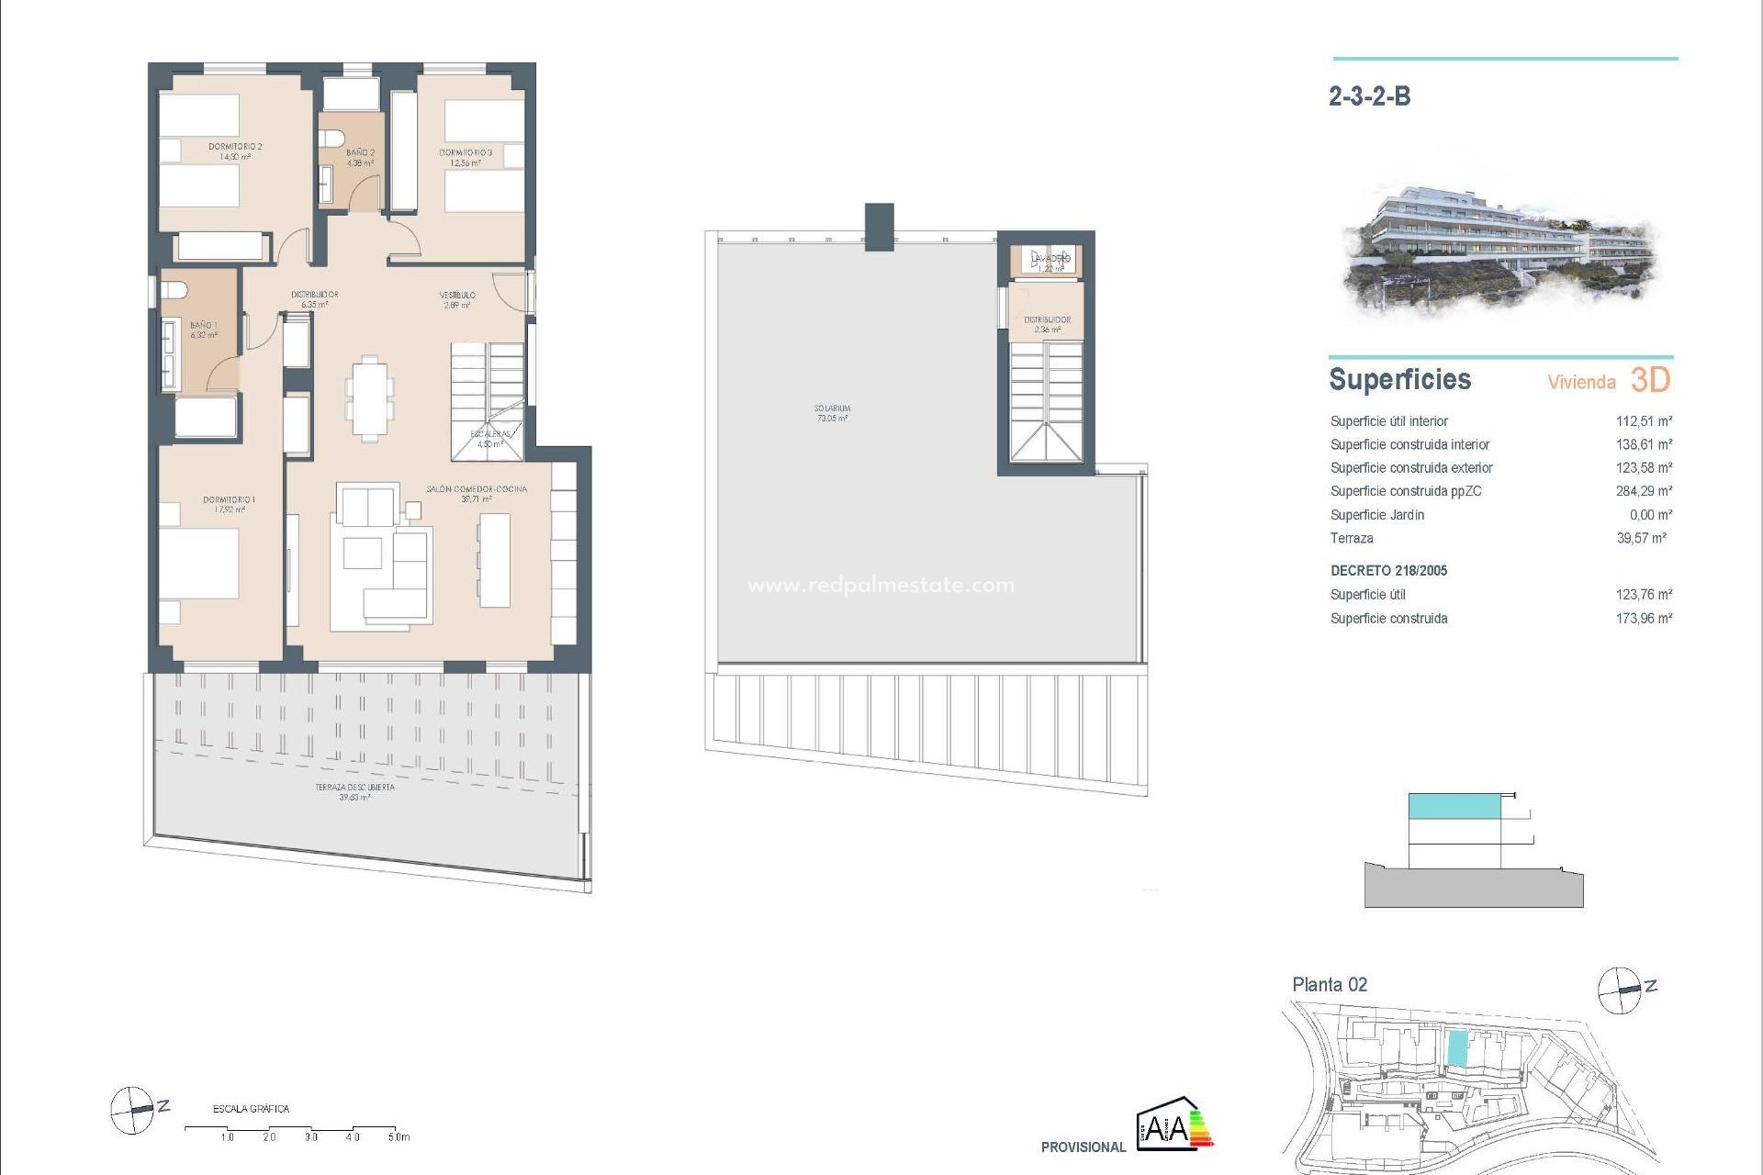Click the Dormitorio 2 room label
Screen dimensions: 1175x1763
click(x=235, y=151)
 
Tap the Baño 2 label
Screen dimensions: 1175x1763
click(x=360, y=158)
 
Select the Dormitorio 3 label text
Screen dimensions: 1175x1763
click(x=466, y=158)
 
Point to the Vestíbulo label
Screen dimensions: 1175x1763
click(x=457, y=300)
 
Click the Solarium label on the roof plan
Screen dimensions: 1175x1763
click(x=832, y=413)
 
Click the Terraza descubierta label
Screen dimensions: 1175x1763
click(x=354, y=792)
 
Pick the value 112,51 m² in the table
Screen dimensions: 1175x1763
click(x=1644, y=421)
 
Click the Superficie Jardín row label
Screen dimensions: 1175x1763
click(x=1377, y=515)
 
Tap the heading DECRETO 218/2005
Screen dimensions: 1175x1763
click(x=1388, y=571)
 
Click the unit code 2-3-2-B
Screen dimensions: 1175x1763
click(x=1369, y=96)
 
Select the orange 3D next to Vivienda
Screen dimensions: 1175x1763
click(x=1650, y=380)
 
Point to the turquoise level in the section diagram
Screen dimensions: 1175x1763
click(x=1454, y=807)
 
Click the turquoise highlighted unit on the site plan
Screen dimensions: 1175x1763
click(x=1457, y=1048)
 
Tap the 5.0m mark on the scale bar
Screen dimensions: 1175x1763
click(x=398, y=1136)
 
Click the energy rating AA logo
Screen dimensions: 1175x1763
click(x=1174, y=1124)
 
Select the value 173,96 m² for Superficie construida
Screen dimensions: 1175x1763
click(x=1644, y=619)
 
